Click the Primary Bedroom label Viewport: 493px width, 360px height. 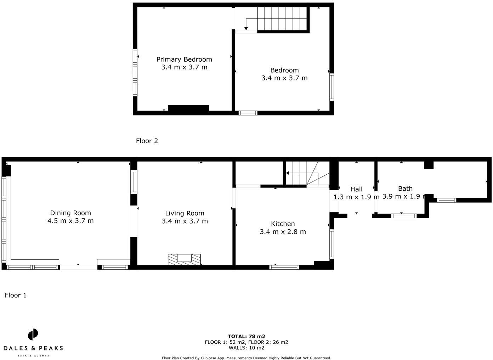184,60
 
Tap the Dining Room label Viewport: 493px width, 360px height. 70,213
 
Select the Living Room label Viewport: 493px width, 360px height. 185,213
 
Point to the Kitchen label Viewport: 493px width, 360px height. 283,224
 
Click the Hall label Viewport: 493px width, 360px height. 356,189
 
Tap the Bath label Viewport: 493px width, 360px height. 405,189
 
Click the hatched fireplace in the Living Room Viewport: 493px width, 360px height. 184,259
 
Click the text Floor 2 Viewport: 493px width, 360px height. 147,141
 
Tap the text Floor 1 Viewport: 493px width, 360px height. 16,295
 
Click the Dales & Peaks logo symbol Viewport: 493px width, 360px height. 33,335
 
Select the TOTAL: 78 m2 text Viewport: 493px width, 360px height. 246,337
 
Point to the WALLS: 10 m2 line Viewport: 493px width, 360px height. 246,348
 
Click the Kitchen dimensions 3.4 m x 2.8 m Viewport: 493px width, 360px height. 283,232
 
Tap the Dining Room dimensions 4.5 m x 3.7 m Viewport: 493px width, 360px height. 70,221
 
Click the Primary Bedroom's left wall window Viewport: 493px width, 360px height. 135,73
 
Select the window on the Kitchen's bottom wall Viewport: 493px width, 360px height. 284,267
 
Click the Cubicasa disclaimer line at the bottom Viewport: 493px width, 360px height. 246,358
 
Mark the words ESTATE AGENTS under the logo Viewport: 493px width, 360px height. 33,355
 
